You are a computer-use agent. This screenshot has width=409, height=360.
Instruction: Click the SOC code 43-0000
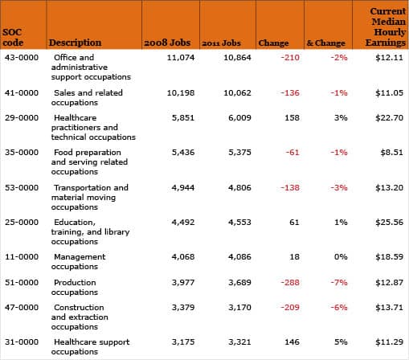click(x=22, y=58)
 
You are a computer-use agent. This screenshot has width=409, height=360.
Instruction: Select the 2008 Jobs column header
click(x=167, y=43)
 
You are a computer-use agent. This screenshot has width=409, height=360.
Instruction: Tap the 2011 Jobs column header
click(x=221, y=43)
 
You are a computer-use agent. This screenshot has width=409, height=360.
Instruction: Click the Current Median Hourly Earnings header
click(x=386, y=27)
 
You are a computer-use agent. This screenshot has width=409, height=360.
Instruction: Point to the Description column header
click(x=75, y=43)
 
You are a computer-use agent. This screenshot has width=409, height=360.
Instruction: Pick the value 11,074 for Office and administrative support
click(x=181, y=58)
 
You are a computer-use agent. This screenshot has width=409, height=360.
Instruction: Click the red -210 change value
click(x=290, y=58)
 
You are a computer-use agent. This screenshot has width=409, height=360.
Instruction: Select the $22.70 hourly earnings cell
click(x=389, y=118)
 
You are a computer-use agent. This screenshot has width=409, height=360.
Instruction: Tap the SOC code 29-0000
click(x=22, y=118)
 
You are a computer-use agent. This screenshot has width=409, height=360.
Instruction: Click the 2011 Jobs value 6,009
click(x=239, y=118)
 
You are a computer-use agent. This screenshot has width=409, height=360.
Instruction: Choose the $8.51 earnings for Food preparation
click(x=391, y=153)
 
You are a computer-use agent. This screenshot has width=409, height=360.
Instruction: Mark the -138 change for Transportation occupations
click(x=290, y=188)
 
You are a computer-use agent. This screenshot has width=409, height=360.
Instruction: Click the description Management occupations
click(x=79, y=262)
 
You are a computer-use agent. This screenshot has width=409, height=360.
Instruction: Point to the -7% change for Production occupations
click(x=339, y=283)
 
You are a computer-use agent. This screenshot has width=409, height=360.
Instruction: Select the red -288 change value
click(x=290, y=283)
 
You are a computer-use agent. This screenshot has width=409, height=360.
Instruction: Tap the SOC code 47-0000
click(x=22, y=308)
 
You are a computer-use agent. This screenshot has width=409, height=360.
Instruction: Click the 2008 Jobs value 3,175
click(x=183, y=342)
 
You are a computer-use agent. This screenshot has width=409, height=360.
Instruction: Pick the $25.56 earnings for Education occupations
click(x=389, y=223)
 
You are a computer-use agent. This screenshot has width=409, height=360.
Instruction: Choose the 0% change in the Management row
click(x=341, y=257)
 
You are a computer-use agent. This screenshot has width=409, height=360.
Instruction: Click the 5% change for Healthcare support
click(x=341, y=342)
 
